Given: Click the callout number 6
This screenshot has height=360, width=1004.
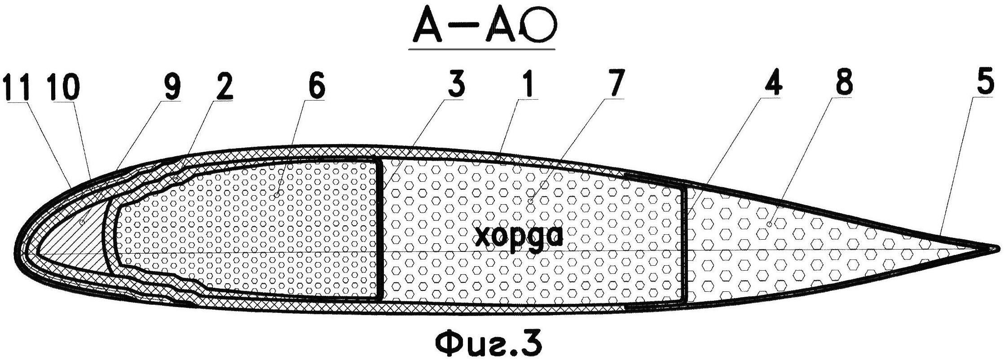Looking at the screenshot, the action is pos(315,86).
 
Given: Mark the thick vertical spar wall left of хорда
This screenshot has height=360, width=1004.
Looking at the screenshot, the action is pos(380,229).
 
